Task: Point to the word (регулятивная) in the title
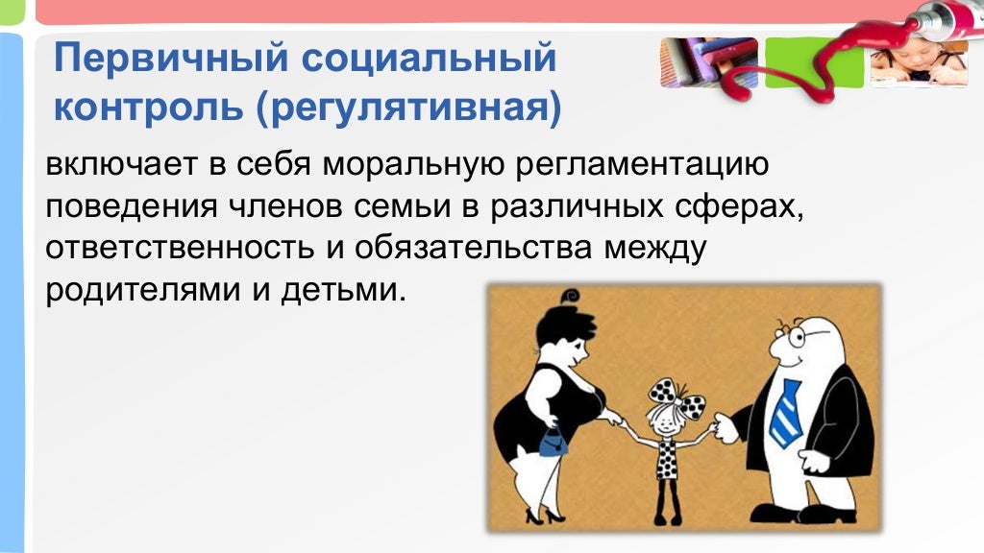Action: click(407, 108)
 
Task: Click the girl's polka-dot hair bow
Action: click(668, 391)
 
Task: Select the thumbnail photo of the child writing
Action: click(919, 63)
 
